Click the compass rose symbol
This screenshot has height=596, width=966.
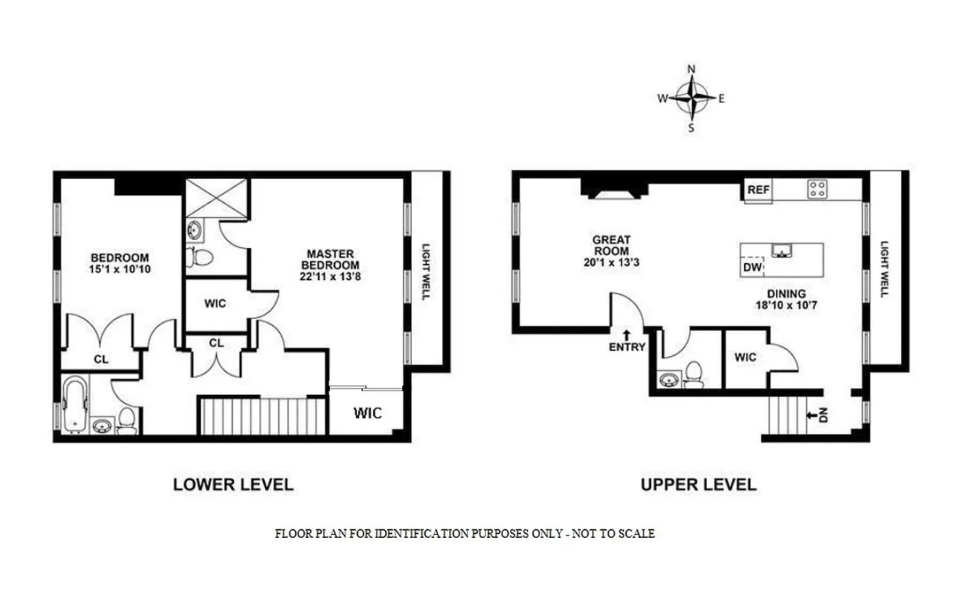click(x=692, y=98)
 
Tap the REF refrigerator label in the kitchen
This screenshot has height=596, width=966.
click(x=757, y=190)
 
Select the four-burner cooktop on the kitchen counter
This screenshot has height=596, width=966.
click(x=816, y=189)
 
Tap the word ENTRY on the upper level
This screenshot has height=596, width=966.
click(x=626, y=347)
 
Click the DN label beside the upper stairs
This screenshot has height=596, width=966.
click(x=824, y=416)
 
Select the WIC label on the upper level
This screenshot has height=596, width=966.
click(x=746, y=358)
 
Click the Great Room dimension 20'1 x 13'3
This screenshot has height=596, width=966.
click(x=611, y=262)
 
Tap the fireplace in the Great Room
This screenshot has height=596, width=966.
click(x=614, y=189)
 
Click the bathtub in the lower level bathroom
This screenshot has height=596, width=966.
click(x=74, y=405)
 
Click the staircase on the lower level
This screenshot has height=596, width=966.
click(x=262, y=415)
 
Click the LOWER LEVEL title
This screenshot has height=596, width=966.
click(x=233, y=484)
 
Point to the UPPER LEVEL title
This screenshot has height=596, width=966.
click(x=698, y=484)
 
